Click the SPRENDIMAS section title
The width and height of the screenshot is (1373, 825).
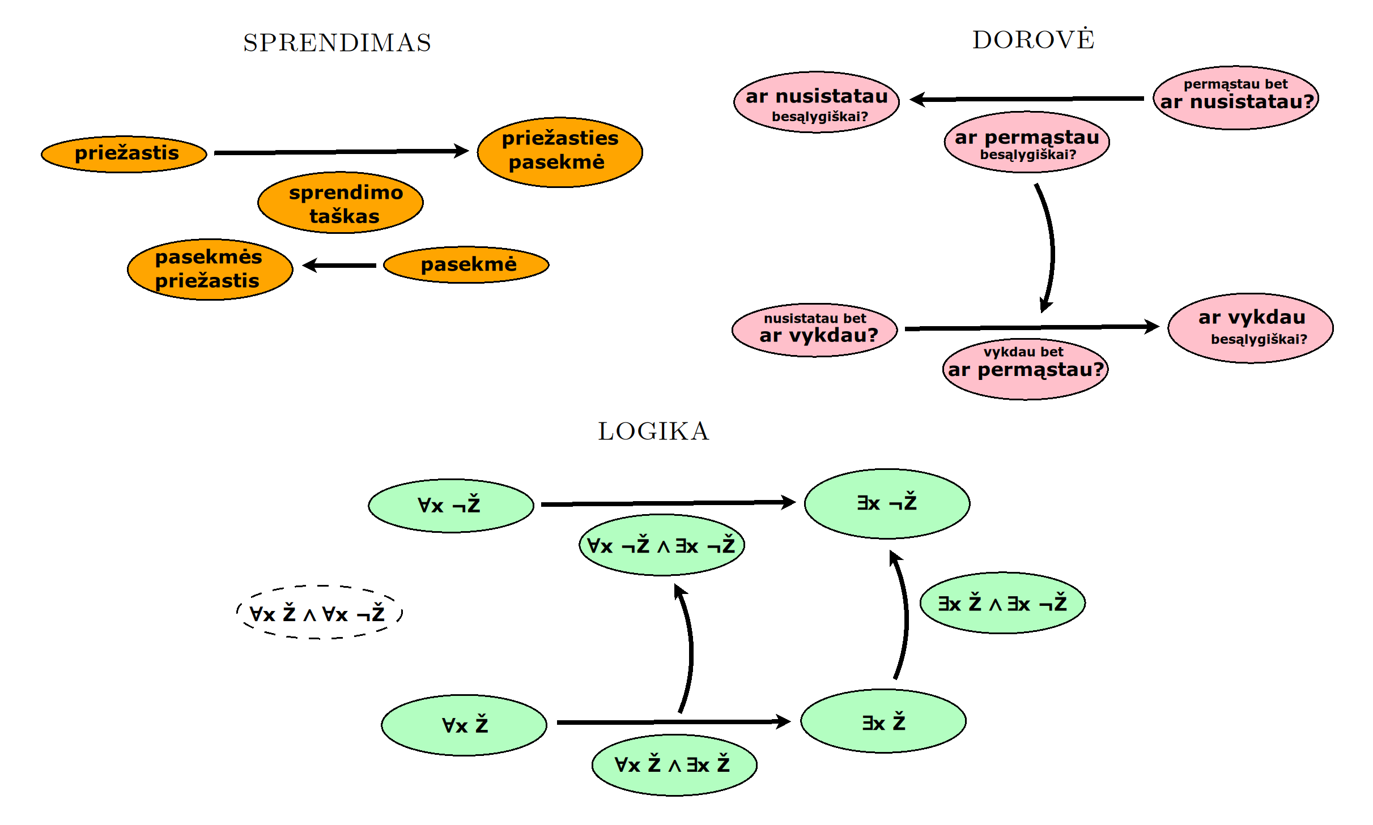point(337,43)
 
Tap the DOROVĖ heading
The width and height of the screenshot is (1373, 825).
point(1033,40)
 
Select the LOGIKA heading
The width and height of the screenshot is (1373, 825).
point(653,431)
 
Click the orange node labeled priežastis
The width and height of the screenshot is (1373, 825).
point(124,153)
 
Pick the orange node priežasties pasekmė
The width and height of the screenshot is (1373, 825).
point(559,152)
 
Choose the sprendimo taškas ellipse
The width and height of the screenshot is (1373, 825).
point(340,203)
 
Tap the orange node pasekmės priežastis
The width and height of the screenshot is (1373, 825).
point(210,269)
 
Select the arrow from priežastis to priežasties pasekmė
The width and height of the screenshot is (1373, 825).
point(340,152)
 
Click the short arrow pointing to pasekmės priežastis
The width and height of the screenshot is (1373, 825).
point(340,265)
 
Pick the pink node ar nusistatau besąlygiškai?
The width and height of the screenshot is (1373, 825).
point(816,102)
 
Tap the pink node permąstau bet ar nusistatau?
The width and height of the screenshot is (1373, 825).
point(1235,97)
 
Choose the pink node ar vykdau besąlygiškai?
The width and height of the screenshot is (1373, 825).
point(1250,328)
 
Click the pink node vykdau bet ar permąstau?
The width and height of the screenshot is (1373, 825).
point(1025,369)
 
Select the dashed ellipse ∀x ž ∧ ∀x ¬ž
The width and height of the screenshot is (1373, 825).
point(319,612)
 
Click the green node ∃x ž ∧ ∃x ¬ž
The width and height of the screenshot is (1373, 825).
point(1002,602)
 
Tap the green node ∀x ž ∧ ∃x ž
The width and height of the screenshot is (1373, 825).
point(674,765)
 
